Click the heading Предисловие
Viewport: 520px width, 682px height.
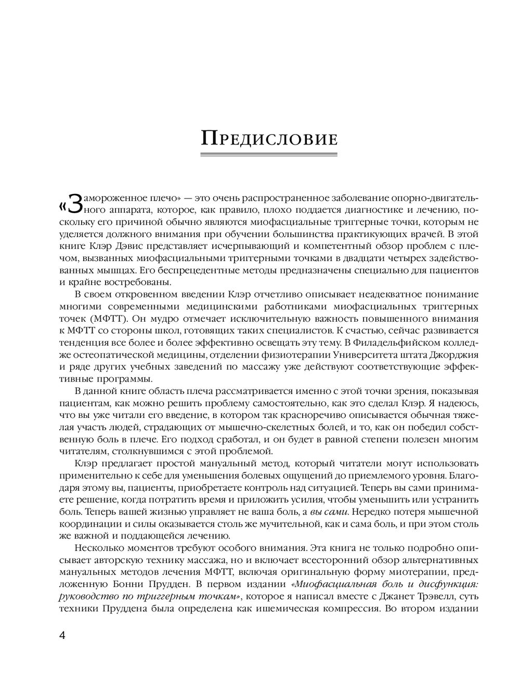270,139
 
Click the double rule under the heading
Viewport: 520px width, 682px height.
270,154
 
